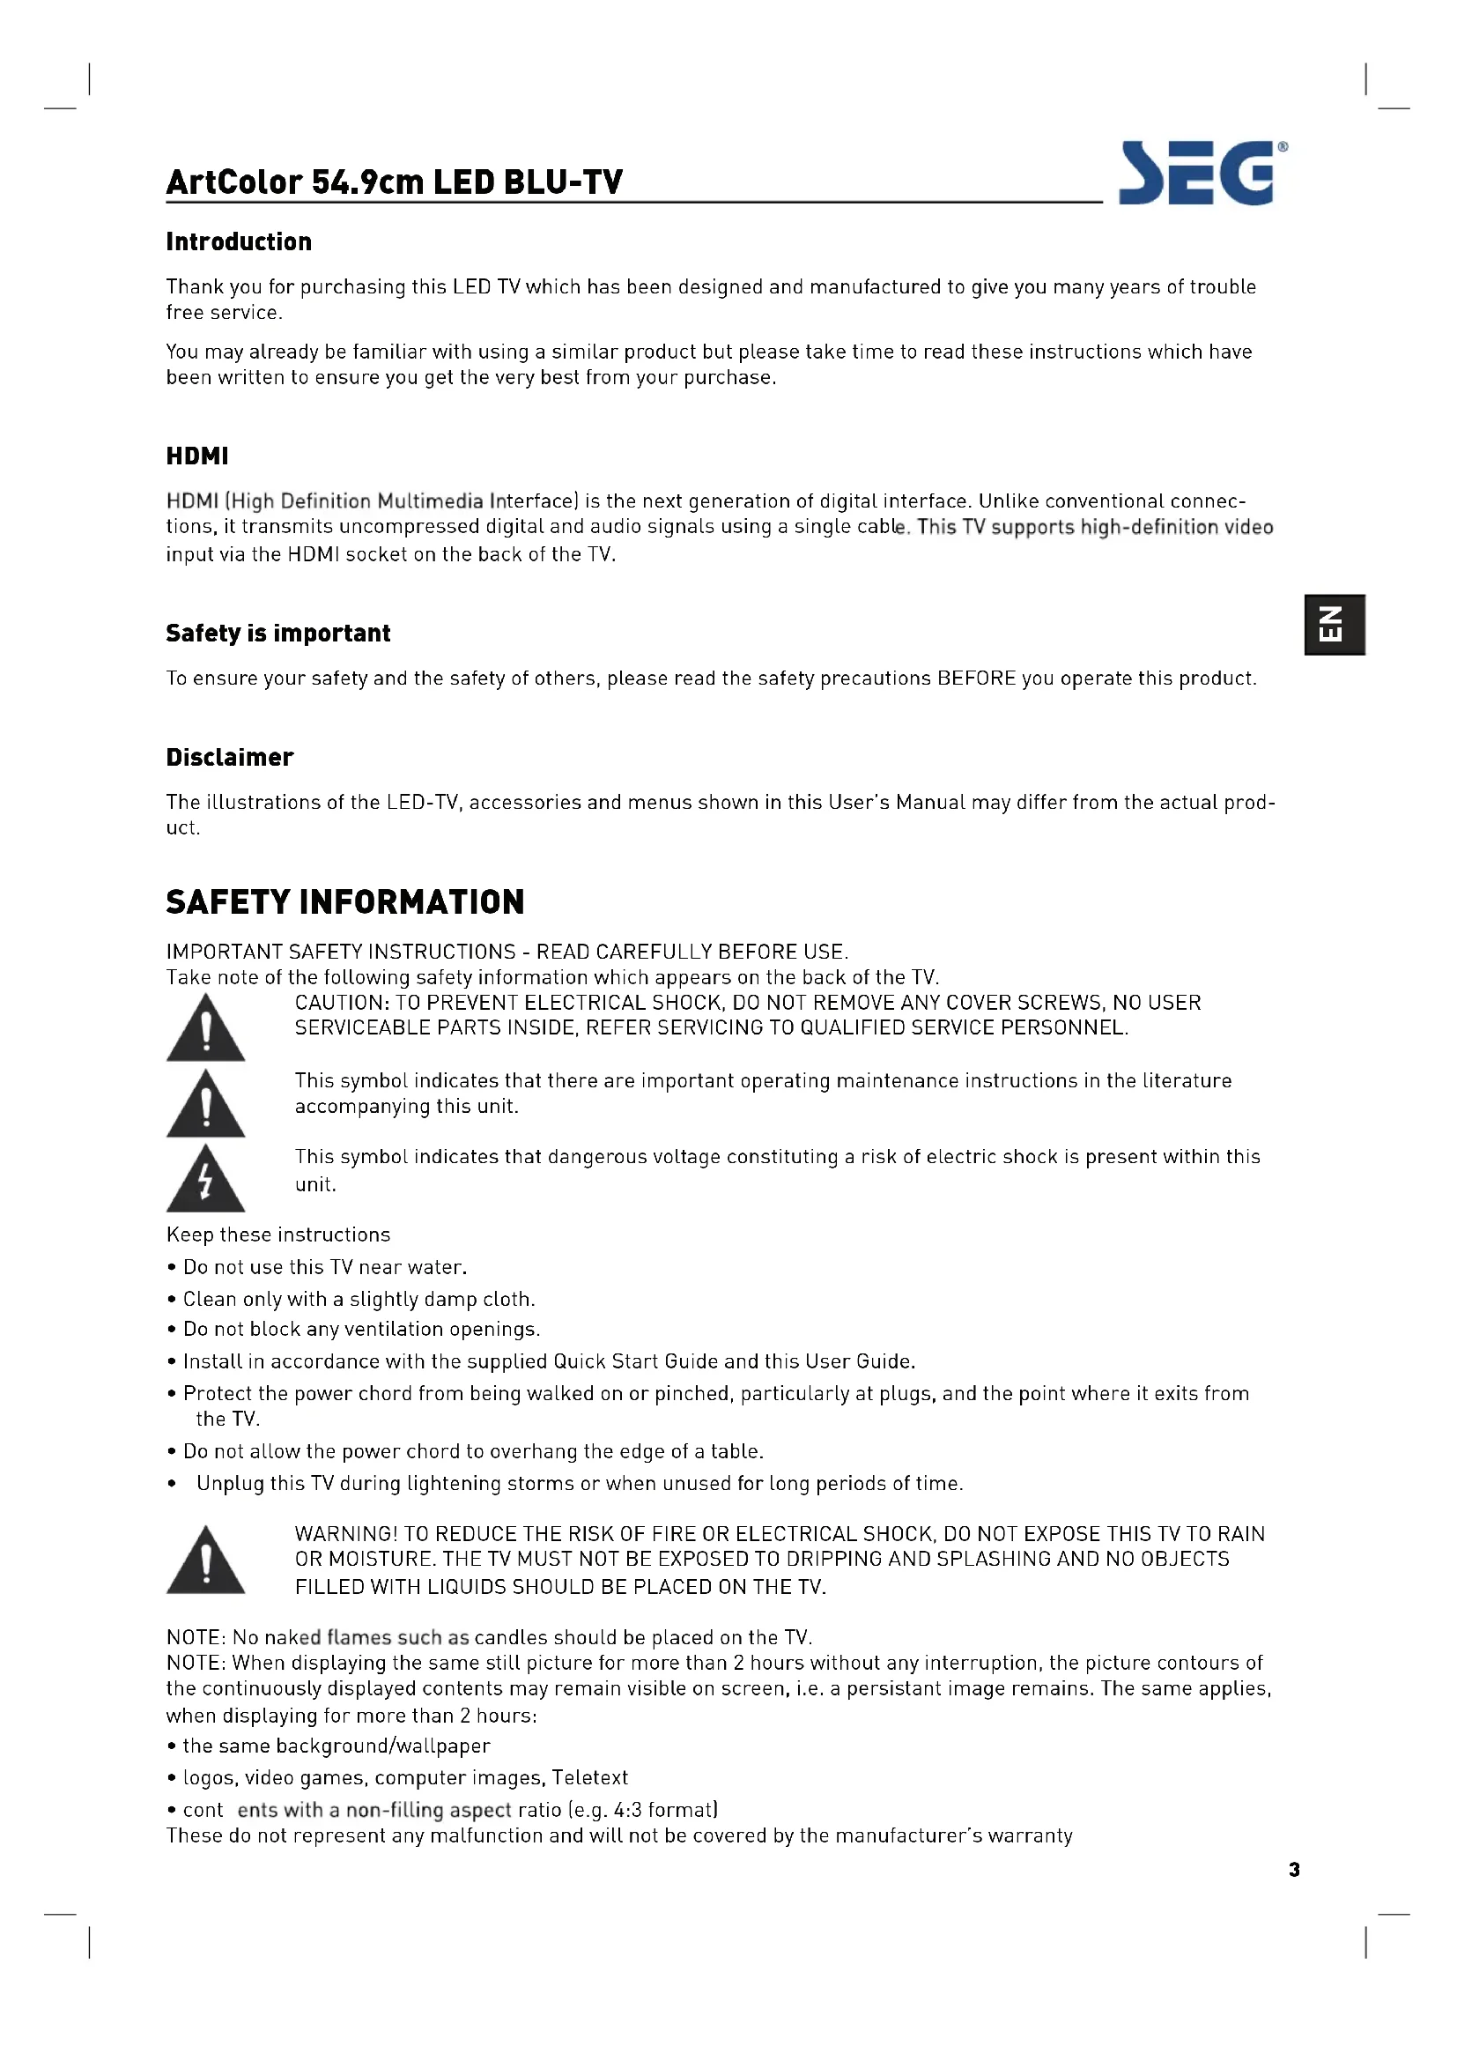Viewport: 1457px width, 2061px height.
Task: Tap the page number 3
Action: (1294, 1870)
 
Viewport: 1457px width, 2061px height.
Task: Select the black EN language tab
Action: (1334, 625)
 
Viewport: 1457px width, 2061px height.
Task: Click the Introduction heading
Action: (239, 242)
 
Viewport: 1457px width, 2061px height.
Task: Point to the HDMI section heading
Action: (197, 456)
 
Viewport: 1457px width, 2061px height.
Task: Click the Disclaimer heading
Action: (230, 758)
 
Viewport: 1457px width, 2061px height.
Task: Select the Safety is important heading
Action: (278, 634)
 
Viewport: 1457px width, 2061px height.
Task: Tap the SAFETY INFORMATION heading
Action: (344, 902)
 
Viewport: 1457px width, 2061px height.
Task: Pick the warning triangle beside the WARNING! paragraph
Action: (205, 1563)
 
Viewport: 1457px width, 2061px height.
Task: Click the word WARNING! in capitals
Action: (345, 1534)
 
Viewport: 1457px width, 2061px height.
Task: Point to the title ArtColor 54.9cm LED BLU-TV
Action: (394, 182)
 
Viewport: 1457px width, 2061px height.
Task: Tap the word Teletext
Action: (589, 1778)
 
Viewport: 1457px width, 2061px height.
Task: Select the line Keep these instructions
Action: (278, 1235)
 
